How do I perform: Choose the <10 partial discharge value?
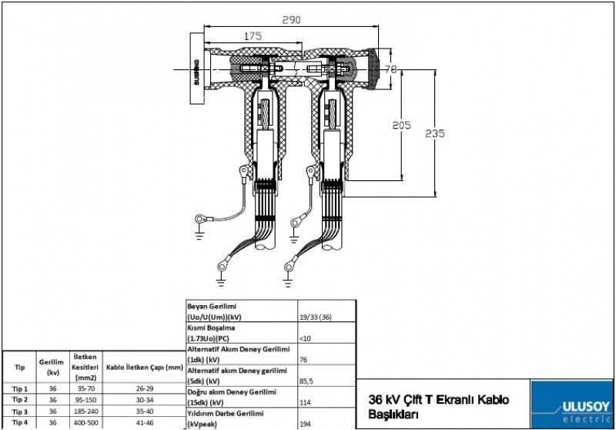[303, 338]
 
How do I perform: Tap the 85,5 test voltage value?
[306, 380]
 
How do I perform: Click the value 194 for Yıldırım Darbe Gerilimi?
[304, 423]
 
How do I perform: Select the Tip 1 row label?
[20, 389]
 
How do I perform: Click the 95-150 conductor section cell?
[85, 400]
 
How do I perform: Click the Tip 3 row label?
[20, 412]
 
